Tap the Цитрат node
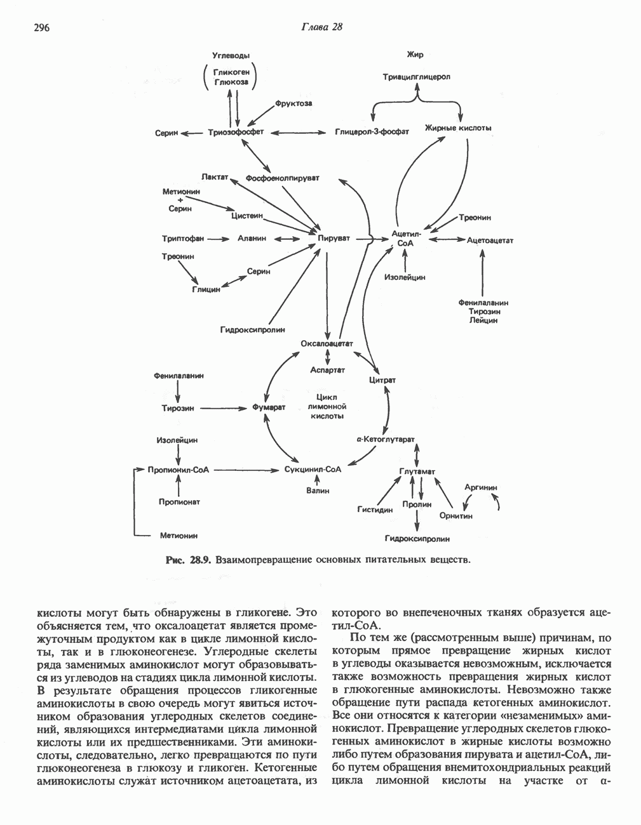tap(382, 380)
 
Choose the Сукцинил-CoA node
tap(314, 470)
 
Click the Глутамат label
tap(417, 471)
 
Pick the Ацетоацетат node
tap(490, 241)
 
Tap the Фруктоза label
tap(294, 103)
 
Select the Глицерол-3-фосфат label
tap(372, 132)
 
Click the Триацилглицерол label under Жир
tap(416, 77)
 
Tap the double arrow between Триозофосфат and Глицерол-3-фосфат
tap(298, 132)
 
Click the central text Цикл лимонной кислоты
tap(327, 407)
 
